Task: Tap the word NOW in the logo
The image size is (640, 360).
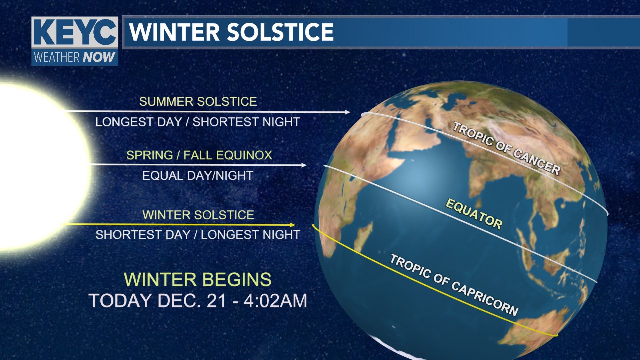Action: [99, 57]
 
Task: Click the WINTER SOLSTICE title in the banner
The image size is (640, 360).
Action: [231, 32]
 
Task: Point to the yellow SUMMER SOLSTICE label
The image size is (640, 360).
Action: [198, 102]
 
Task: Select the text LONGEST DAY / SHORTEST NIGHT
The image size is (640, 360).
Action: [198, 122]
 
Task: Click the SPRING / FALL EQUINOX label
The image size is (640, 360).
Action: [199, 155]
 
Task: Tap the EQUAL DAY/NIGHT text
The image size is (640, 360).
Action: [198, 176]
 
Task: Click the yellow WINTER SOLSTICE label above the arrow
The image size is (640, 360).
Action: [198, 215]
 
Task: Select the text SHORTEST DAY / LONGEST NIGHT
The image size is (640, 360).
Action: [198, 235]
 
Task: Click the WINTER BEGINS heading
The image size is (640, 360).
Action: [198, 279]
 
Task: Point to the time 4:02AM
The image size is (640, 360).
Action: [278, 301]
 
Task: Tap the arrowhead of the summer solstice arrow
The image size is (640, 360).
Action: [348, 112]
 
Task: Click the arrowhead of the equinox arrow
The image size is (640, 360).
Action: [304, 165]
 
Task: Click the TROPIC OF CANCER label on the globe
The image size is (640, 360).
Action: [506, 148]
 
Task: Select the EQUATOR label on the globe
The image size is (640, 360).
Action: [474, 214]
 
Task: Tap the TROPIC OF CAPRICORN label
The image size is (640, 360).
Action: [453, 285]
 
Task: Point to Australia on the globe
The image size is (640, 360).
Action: [540, 330]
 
